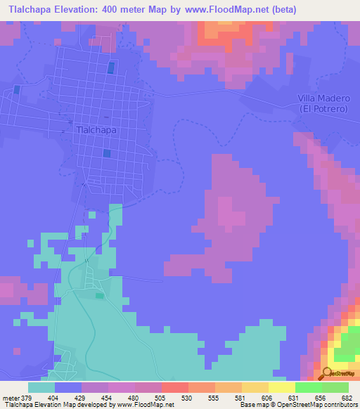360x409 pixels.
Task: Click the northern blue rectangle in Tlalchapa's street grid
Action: [110, 68]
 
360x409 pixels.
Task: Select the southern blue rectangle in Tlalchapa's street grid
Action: [106, 153]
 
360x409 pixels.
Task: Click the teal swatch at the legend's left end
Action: [41, 387]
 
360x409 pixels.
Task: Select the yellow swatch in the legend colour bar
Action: [282, 387]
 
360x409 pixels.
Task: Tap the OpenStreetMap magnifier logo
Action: [328, 372]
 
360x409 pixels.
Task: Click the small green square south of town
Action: [99, 296]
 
